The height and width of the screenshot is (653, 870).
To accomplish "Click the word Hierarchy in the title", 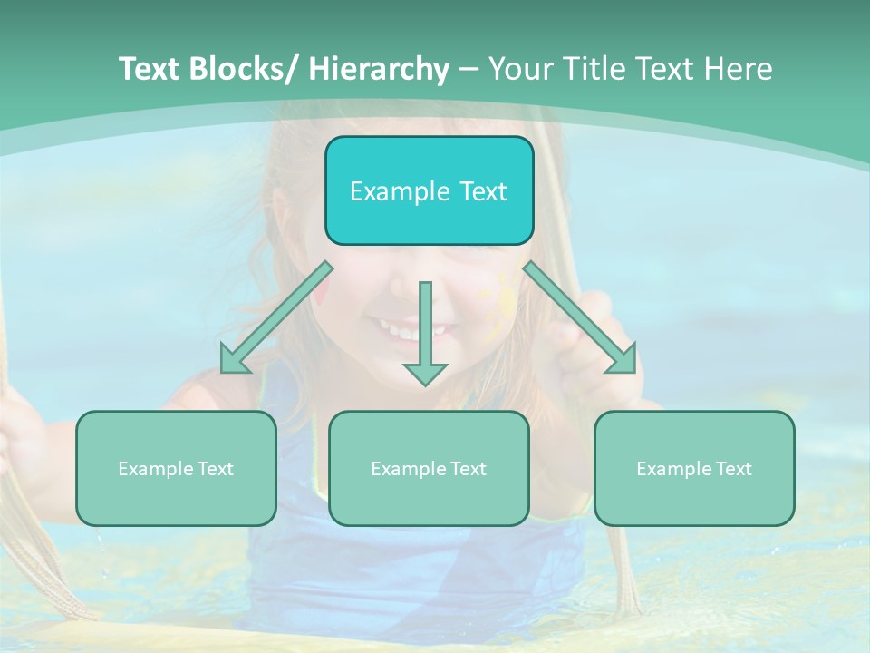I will point(379,70).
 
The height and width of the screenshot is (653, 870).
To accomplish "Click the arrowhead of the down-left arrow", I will point(233,360).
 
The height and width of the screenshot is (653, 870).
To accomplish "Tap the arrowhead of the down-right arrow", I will point(623,360).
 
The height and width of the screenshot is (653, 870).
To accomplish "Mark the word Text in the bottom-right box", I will point(733,469).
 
